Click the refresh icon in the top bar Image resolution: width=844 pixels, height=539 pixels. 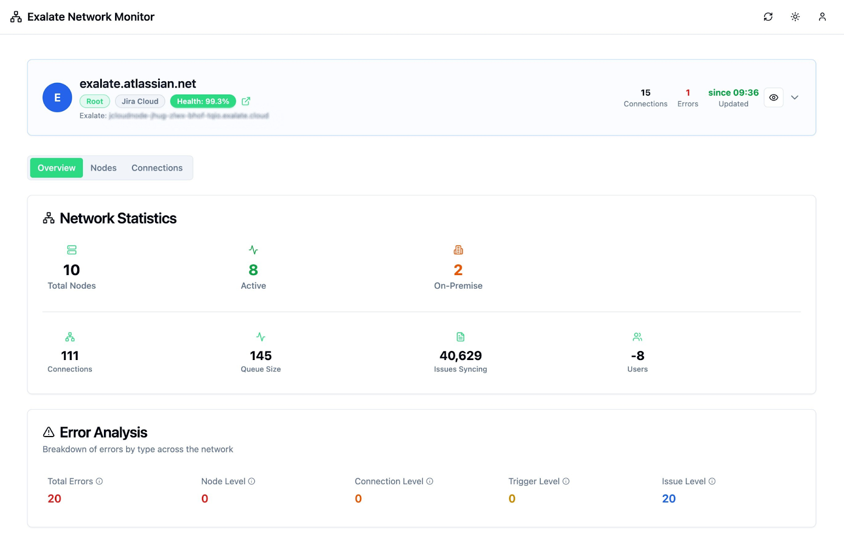click(x=768, y=17)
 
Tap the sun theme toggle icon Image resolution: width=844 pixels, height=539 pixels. click(x=795, y=17)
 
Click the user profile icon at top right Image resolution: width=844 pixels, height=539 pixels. click(x=822, y=17)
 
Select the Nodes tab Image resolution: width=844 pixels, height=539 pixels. click(x=103, y=168)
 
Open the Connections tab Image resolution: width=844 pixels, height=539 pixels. click(x=157, y=168)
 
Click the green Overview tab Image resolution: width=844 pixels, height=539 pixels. click(x=56, y=168)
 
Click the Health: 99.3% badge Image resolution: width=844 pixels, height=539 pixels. click(x=203, y=101)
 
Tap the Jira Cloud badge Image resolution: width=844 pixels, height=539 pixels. click(x=140, y=101)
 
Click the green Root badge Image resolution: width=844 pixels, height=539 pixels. click(x=95, y=101)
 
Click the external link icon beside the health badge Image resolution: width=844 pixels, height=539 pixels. click(x=246, y=101)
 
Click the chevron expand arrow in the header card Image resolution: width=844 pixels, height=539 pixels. click(x=795, y=98)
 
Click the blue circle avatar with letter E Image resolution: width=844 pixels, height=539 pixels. click(x=57, y=98)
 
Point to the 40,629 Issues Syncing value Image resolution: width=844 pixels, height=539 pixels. click(x=461, y=356)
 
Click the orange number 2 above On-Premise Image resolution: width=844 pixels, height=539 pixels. click(x=458, y=270)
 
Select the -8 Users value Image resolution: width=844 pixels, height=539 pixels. click(x=637, y=356)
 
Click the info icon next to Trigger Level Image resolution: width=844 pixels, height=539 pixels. click(x=566, y=481)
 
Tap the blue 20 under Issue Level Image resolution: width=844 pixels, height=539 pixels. click(x=669, y=499)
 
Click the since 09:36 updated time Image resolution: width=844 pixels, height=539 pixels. click(x=733, y=93)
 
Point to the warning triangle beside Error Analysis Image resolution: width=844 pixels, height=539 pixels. click(x=49, y=432)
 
